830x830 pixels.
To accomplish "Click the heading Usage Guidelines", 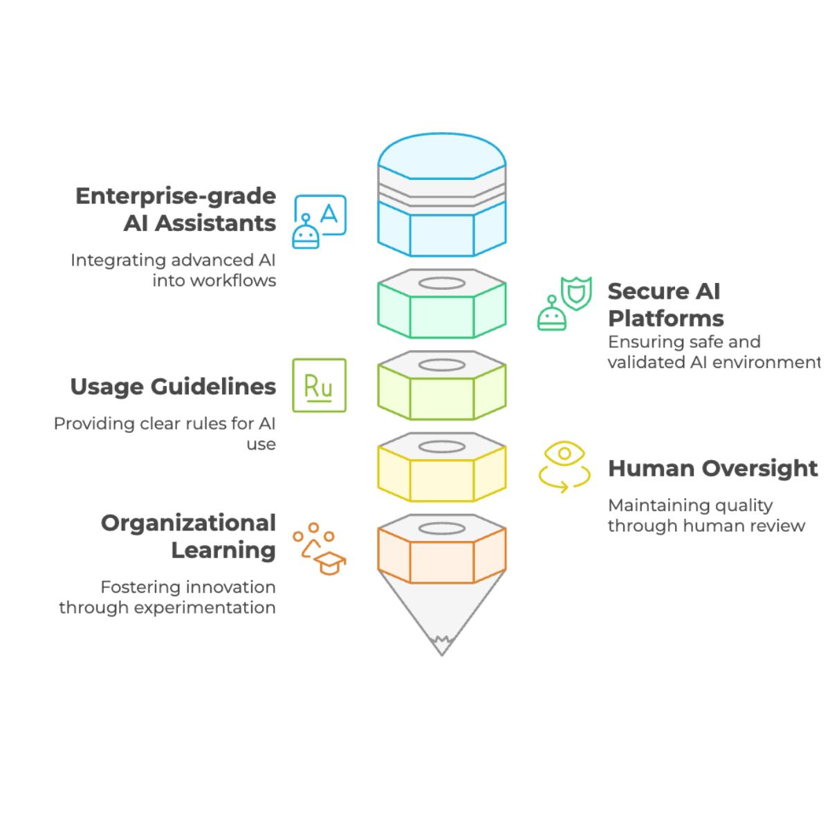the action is pyautogui.click(x=173, y=387).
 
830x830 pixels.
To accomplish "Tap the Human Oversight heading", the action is pyautogui.click(x=712, y=468).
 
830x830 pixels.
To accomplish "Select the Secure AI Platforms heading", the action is pyautogui.click(x=665, y=304).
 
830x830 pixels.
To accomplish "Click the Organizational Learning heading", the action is pyautogui.click(x=188, y=536).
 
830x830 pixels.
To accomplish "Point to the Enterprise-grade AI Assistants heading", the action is pyautogui.click(x=176, y=210).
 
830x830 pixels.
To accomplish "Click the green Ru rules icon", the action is pyautogui.click(x=319, y=385).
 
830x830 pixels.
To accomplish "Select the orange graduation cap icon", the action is pyautogui.click(x=330, y=562).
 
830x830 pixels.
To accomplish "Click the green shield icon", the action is pyautogui.click(x=576, y=293).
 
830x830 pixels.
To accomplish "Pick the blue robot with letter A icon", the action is pyautogui.click(x=319, y=221).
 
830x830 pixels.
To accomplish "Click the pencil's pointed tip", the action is pyautogui.click(x=441, y=655).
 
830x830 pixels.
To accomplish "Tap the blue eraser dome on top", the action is pyautogui.click(x=441, y=156).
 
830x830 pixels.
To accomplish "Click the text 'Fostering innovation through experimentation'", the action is pyautogui.click(x=167, y=597).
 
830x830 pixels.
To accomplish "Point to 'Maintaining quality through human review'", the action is pyautogui.click(x=706, y=515).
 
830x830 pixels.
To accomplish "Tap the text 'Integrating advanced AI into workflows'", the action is pyautogui.click(x=173, y=270).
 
